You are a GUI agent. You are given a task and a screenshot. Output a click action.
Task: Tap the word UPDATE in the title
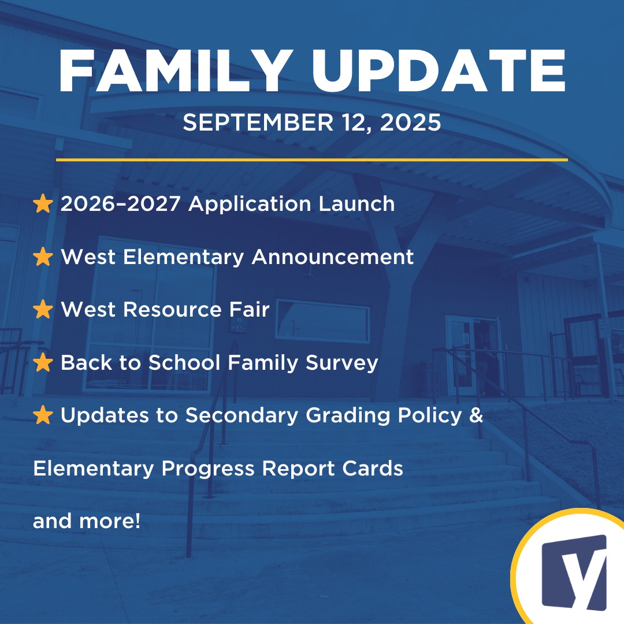point(439,71)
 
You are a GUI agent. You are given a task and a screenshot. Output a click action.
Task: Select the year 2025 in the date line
point(410,122)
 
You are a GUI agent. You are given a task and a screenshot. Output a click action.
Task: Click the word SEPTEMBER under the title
point(258,122)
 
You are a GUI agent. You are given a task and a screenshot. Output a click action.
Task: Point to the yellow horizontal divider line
point(312,160)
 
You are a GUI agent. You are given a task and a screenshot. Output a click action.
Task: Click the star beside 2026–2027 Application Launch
point(43,203)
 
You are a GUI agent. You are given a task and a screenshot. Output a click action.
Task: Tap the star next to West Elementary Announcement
point(43,257)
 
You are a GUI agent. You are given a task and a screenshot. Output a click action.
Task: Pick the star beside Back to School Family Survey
point(43,362)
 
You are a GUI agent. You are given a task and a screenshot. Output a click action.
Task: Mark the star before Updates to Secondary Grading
point(43,415)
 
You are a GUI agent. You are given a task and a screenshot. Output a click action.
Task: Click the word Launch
point(356,203)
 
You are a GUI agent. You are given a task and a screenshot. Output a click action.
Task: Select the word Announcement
point(333,257)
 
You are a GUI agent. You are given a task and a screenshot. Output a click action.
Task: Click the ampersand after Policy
point(476,415)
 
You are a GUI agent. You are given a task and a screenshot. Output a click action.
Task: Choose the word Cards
point(373,468)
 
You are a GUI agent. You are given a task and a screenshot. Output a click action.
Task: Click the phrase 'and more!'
point(87,521)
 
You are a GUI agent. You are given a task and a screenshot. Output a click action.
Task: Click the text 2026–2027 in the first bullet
point(121,203)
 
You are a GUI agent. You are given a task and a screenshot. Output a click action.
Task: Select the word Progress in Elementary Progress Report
point(208,469)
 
